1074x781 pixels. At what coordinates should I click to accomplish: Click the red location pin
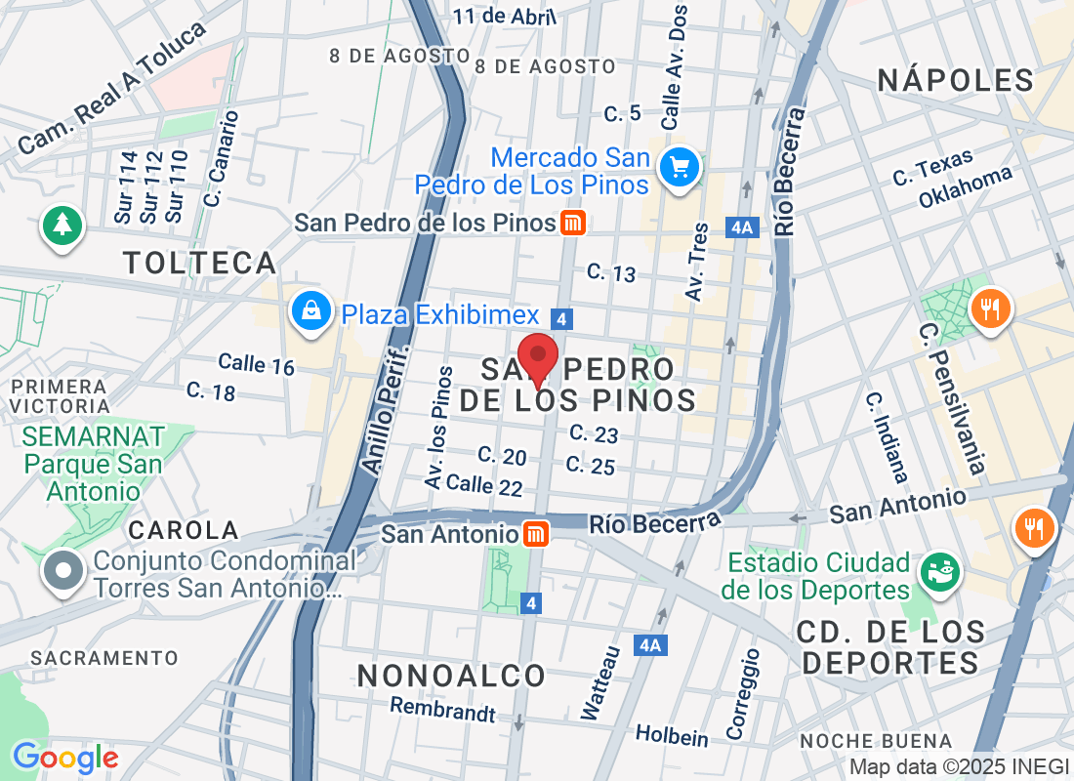[x=537, y=358]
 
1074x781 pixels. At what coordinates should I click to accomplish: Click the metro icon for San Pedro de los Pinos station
[x=573, y=223]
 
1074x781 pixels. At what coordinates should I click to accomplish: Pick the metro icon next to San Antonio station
[x=536, y=534]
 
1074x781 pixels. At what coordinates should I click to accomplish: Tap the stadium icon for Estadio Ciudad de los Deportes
[x=943, y=570]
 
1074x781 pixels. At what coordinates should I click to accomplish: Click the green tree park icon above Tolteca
[x=62, y=226]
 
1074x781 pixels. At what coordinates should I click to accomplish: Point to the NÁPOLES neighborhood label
[x=955, y=80]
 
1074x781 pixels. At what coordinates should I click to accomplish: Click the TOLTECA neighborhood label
[x=200, y=263]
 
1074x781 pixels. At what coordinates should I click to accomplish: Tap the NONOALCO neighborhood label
[x=451, y=676]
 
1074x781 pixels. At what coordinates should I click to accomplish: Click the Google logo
[x=65, y=758]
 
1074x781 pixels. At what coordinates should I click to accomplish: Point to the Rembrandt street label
[x=442, y=709]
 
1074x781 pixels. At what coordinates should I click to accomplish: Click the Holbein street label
[x=672, y=734]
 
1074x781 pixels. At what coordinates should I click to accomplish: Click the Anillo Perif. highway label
[x=386, y=408]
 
